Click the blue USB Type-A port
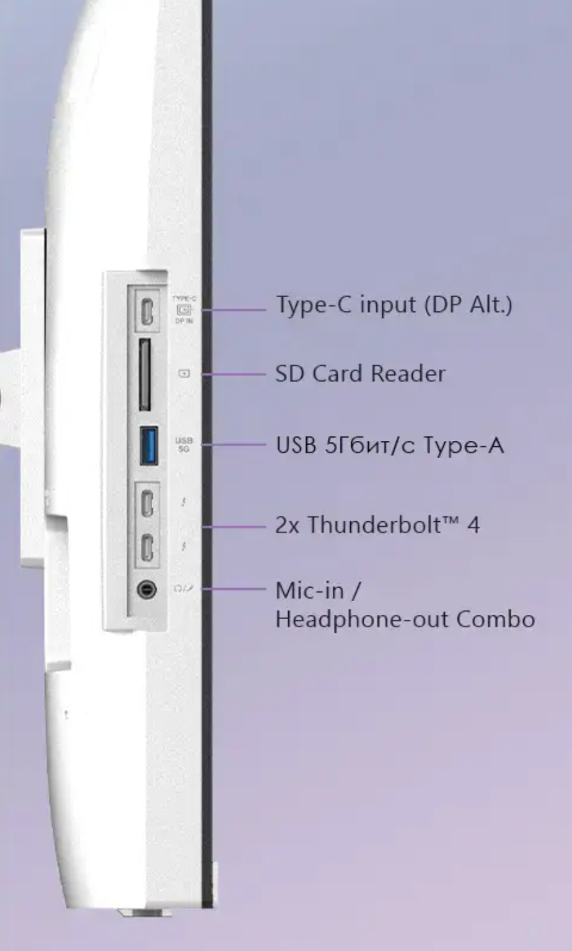pyautogui.click(x=149, y=445)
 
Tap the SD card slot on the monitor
pyautogui.click(x=144, y=374)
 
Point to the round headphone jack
pyautogui.click(x=147, y=589)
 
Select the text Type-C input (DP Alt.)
pyautogui.click(x=394, y=305)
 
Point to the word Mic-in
pyautogui.click(x=309, y=590)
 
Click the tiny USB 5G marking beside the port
pyautogui.click(x=183, y=445)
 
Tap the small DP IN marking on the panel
pyautogui.click(x=183, y=321)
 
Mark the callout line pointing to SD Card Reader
pyautogui.click(x=234, y=374)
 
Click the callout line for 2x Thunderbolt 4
pyautogui.click(x=234, y=527)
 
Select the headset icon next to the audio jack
pyautogui.click(x=183, y=589)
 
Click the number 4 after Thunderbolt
pyautogui.click(x=473, y=525)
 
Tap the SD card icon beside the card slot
pyautogui.click(x=184, y=373)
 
